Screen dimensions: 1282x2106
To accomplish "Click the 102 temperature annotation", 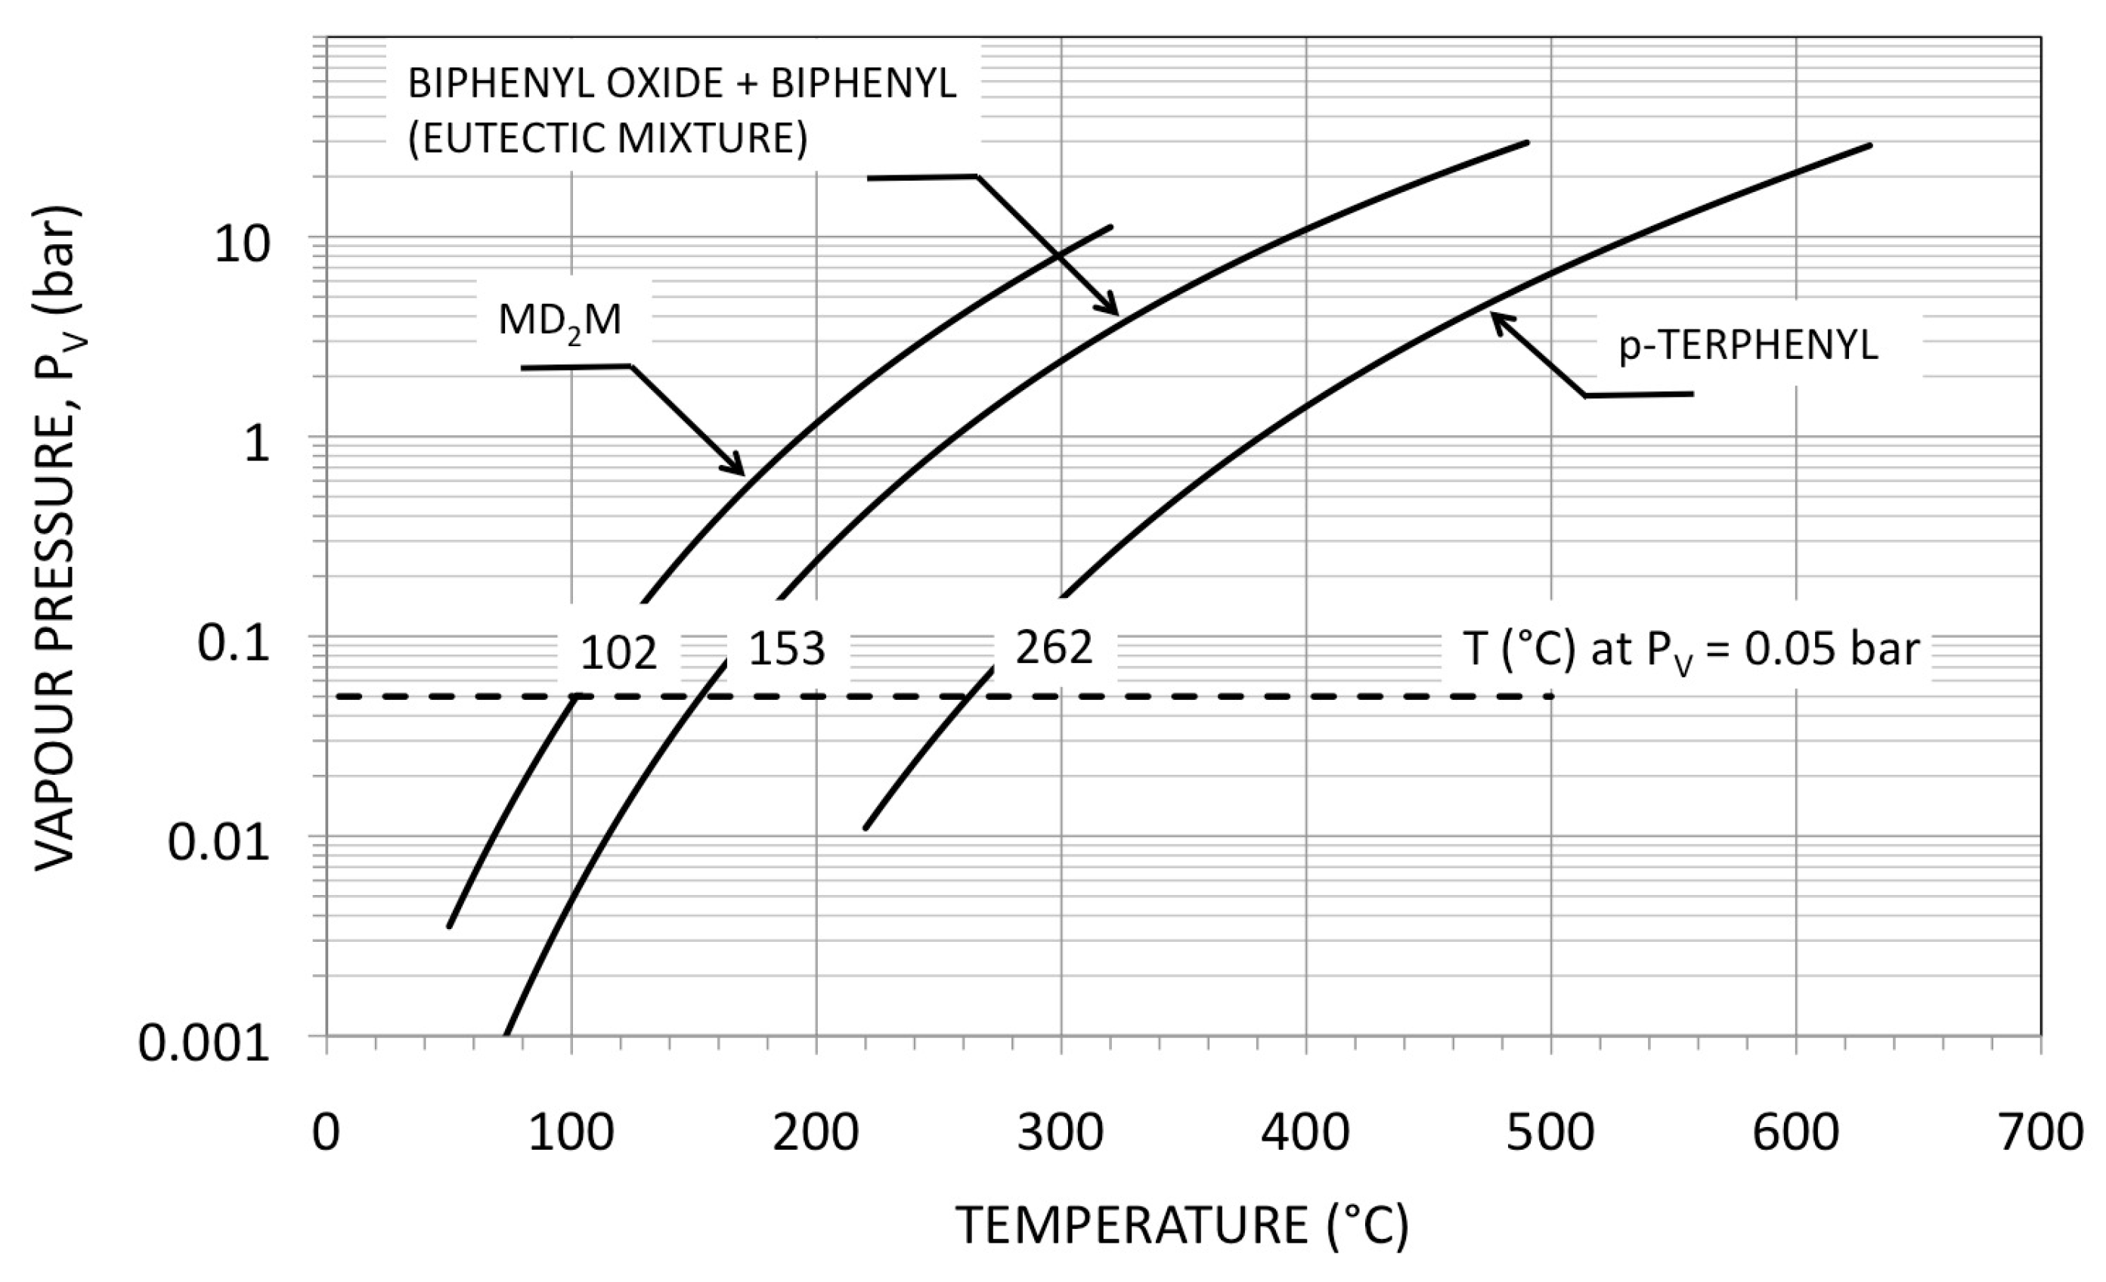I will click(x=619, y=654).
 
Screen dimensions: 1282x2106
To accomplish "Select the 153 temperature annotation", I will click(x=787, y=649).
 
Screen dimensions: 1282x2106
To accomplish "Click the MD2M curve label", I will click(x=560, y=321).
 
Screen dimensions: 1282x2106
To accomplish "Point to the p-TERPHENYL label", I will click(x=1748, y=346).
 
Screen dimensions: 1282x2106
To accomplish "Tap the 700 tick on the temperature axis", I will click(x=2039, y=1134).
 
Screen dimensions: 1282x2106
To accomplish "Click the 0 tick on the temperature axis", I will click(x=326, y=1134).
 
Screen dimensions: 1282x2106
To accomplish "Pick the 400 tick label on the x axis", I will click(x=1305, y=1134).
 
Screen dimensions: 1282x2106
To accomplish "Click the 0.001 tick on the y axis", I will click(x=204, y=1044).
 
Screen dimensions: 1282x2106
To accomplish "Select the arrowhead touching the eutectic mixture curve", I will click(x=1111, y=308).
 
